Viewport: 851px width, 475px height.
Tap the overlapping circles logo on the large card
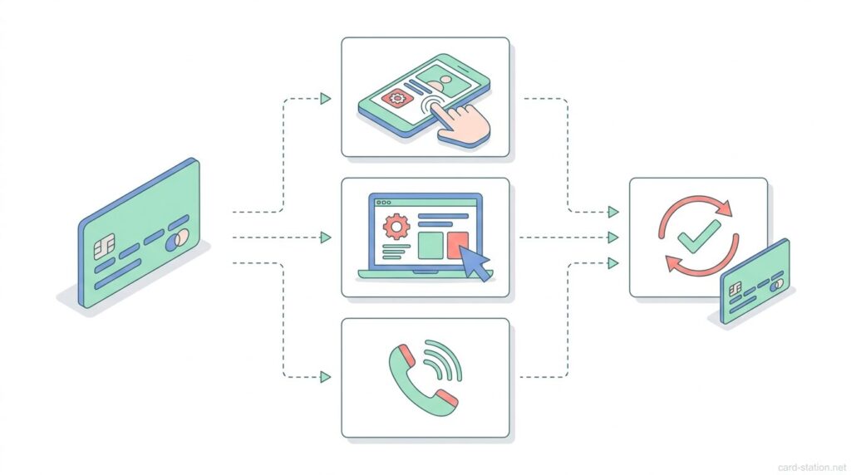coord(176,242)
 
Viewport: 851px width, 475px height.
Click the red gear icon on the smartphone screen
coord(396,99)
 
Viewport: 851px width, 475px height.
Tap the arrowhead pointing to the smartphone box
coord(325,99)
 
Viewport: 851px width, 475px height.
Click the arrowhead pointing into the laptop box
coord(325,237)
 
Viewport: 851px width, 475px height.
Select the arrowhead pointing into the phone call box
coord(325,377)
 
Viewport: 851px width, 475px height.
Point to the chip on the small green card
coord(735,289)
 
